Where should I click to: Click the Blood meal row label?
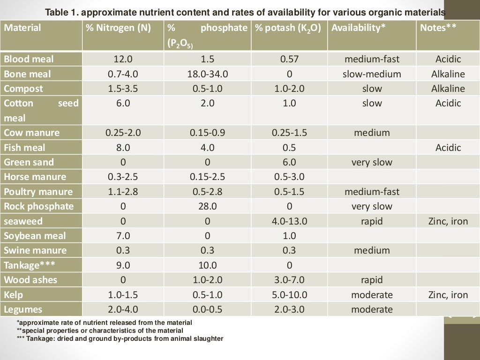29,59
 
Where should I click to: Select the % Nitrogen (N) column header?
118,28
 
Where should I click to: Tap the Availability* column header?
358,28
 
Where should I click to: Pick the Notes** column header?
438,28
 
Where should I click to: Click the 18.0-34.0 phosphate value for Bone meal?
207,74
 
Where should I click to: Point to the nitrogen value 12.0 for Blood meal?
123,59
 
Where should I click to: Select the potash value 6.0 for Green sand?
289,162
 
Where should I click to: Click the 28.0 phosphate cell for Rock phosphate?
207,206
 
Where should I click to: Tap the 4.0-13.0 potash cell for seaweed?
289,221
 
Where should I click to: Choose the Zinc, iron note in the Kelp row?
448,295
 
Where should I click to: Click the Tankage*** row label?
30,265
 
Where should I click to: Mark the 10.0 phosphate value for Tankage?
207,265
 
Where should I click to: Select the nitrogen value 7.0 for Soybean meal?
123,236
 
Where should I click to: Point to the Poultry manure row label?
38,192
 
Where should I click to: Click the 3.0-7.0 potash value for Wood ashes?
289,280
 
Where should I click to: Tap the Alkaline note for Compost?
448,89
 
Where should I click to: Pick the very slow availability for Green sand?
372,162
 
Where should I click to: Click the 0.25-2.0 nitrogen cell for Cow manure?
123,133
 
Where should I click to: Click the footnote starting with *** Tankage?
120,338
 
